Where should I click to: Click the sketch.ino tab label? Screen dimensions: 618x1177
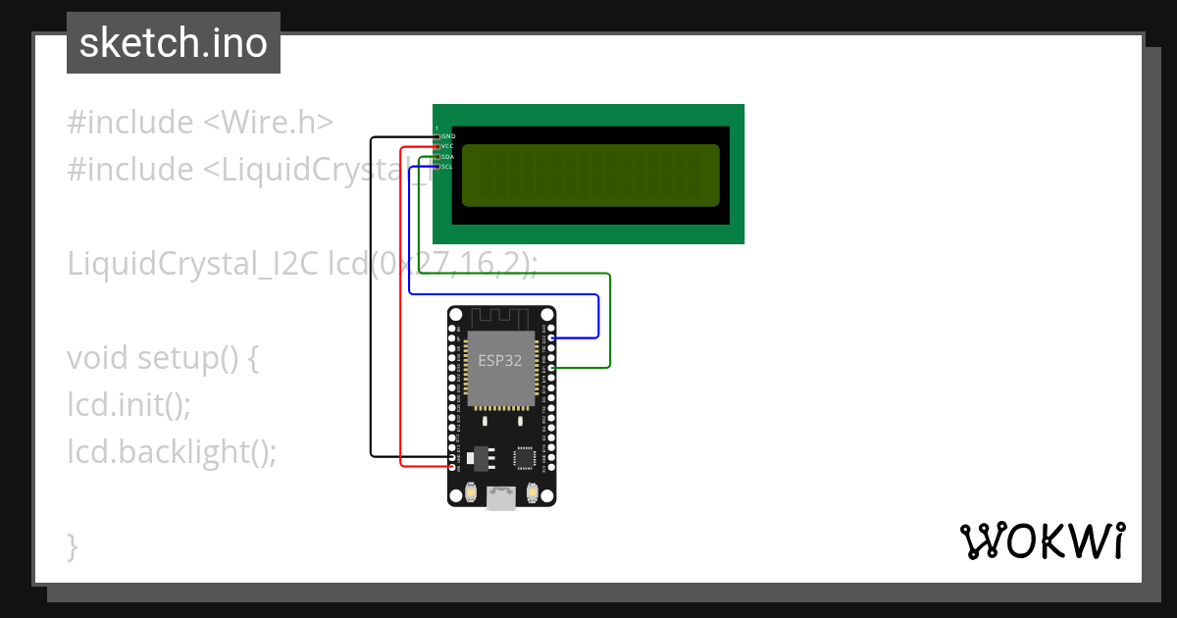[174, 43]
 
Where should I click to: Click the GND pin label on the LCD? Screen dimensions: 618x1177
[448, 136]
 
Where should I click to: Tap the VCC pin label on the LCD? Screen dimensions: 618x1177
[447, 146]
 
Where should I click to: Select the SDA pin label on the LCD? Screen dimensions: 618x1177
[447, 157]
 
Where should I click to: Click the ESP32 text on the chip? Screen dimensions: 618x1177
[500, 360]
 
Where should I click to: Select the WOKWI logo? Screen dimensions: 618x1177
[1042, 541]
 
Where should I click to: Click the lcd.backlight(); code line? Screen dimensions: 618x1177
[173, 451]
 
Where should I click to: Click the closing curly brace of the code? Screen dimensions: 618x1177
[73, 544]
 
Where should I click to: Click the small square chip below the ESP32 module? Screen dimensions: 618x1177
[526, 457]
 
